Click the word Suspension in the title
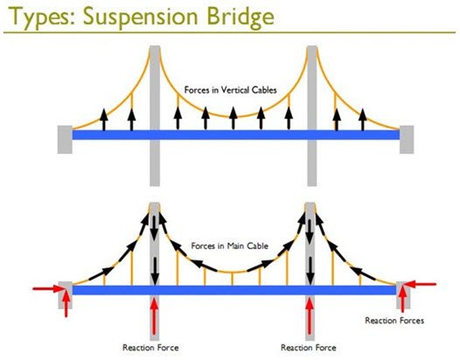[x=140, y=17]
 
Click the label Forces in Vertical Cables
[x=230, y=90]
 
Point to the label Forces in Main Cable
[x=230, y=246]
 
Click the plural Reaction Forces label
[x=394, y=321]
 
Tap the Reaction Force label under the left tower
[x=150, y=348]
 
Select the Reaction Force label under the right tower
[x=309, y=348]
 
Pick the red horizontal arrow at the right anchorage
[x=420, y=284]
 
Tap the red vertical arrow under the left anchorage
[x=66, y=304]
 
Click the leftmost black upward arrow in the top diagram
[x=103, y=119]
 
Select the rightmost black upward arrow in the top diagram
[x=363, y=119]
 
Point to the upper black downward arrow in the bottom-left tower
[x=155, y=228]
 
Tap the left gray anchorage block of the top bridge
[x=65, y=140]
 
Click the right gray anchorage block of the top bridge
[x=407, y=140]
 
